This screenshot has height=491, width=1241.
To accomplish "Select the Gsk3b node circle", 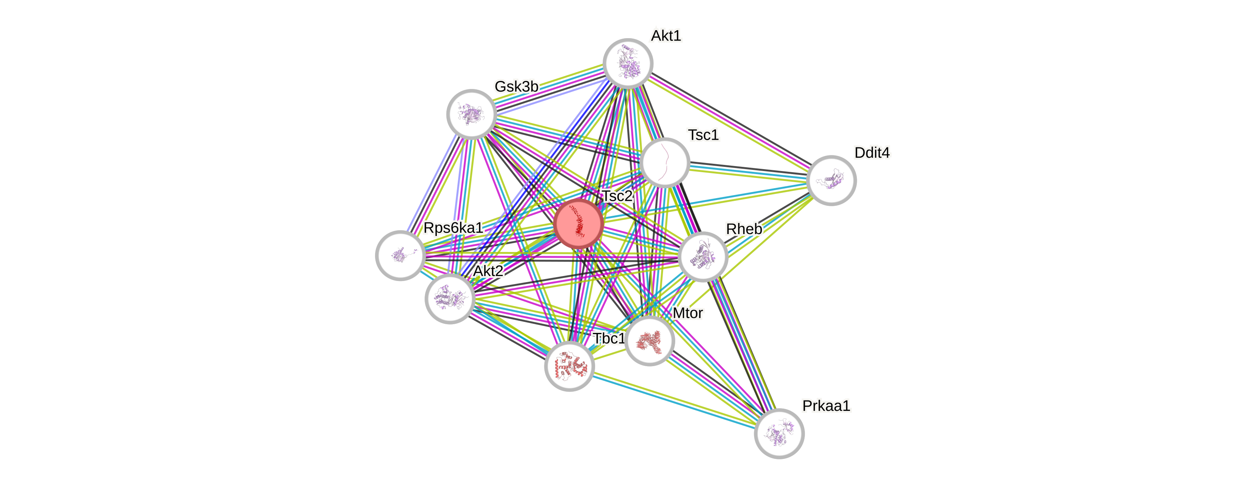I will [x=471, y=114].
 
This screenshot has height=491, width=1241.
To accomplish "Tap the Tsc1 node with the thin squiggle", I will [x=665, y=163].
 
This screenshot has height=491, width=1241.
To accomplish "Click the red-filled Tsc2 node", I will [x=578, y=224].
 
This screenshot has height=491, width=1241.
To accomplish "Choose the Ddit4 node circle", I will [x=831, y=180].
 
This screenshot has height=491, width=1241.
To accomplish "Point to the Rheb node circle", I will [x=702, y=257].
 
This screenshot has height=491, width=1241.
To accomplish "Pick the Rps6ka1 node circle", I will [x=400, y=255].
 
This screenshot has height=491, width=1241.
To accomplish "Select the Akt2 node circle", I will [x=450, y=299].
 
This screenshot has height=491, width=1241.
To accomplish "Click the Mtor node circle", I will [x=649, y=341].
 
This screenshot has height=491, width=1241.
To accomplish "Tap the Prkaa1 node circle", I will [x=779, y=433].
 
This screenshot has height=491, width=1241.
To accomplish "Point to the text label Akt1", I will [x=666, y=36].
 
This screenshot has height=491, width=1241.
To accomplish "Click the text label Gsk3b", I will [x=516, y=86].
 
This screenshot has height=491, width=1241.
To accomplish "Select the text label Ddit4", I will [x=872, y=152].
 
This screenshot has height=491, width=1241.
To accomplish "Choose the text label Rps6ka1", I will [x=453, y=228].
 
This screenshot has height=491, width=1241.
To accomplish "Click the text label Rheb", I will [x=744, y=229].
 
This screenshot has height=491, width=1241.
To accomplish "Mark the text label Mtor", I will [x=687, y=313].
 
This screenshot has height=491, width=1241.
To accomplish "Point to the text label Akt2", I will [x=488, y=271].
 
